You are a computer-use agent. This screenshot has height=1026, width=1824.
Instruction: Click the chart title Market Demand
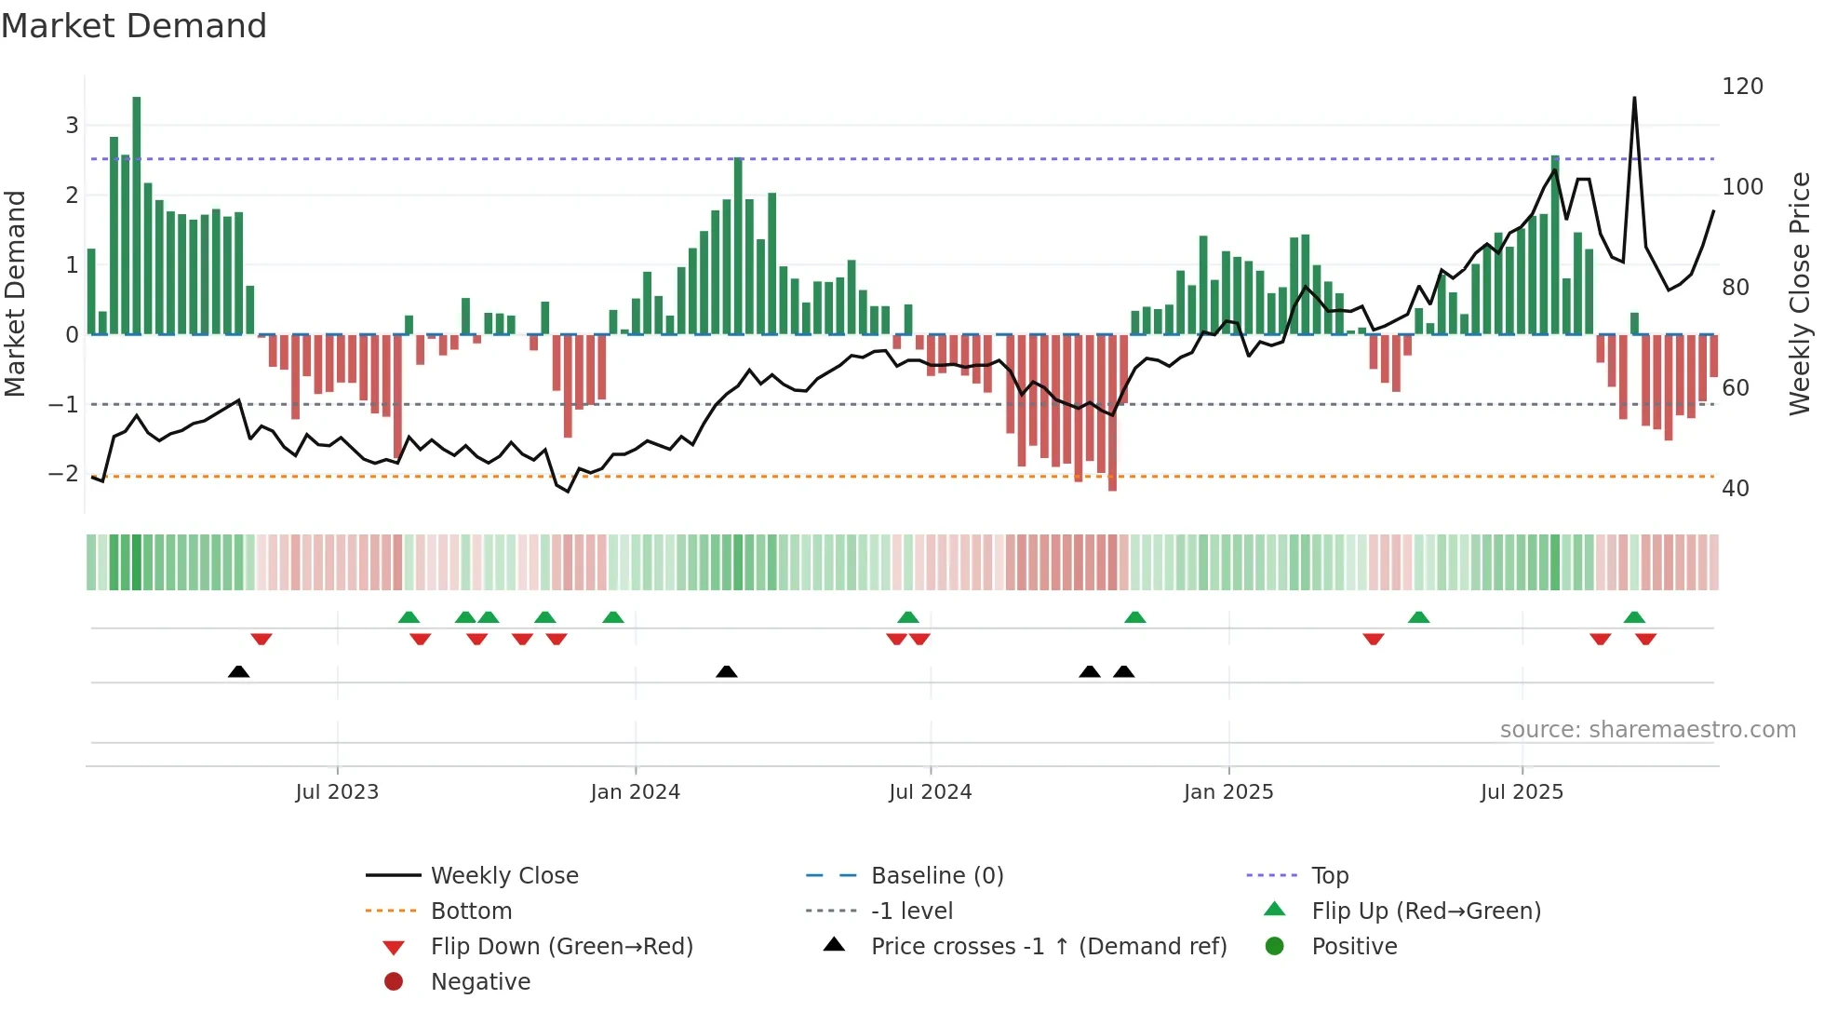pos(134,26)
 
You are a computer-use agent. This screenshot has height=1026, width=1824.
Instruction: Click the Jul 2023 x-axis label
pos(337,792)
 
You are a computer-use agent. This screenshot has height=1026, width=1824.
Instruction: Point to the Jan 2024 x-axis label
pos(635,792)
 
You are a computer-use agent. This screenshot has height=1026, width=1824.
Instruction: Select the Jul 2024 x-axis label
pos(930,792)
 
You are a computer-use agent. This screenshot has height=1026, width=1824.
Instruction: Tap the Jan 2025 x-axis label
pos(1228,792)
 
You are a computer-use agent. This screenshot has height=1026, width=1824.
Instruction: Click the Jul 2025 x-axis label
pos(1522,792)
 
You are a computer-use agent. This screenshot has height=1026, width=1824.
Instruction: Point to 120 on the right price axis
pos(1742,87)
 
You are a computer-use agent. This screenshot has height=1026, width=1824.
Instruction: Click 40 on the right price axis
pos(1735,489)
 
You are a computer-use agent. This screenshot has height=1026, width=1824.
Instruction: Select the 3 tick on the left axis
pos(72,125)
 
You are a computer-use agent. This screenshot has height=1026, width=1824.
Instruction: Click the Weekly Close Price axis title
pos(1800,293)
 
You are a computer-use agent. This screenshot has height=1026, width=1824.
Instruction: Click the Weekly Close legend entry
pos(503,876)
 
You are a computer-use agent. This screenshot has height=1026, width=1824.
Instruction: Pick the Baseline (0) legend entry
pos(936,876)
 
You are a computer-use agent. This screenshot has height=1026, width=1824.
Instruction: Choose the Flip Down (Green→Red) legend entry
pos(561,947)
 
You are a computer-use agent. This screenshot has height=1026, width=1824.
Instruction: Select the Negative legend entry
pos(480,982)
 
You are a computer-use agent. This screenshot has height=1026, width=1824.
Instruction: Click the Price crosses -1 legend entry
pos(1048,947)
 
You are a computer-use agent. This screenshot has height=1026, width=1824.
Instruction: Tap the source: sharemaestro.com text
pos(1647,730)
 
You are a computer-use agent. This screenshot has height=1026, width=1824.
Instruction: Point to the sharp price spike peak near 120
pos(1634,99)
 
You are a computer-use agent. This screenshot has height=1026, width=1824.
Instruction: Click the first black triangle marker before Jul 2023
pos(239,671)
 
